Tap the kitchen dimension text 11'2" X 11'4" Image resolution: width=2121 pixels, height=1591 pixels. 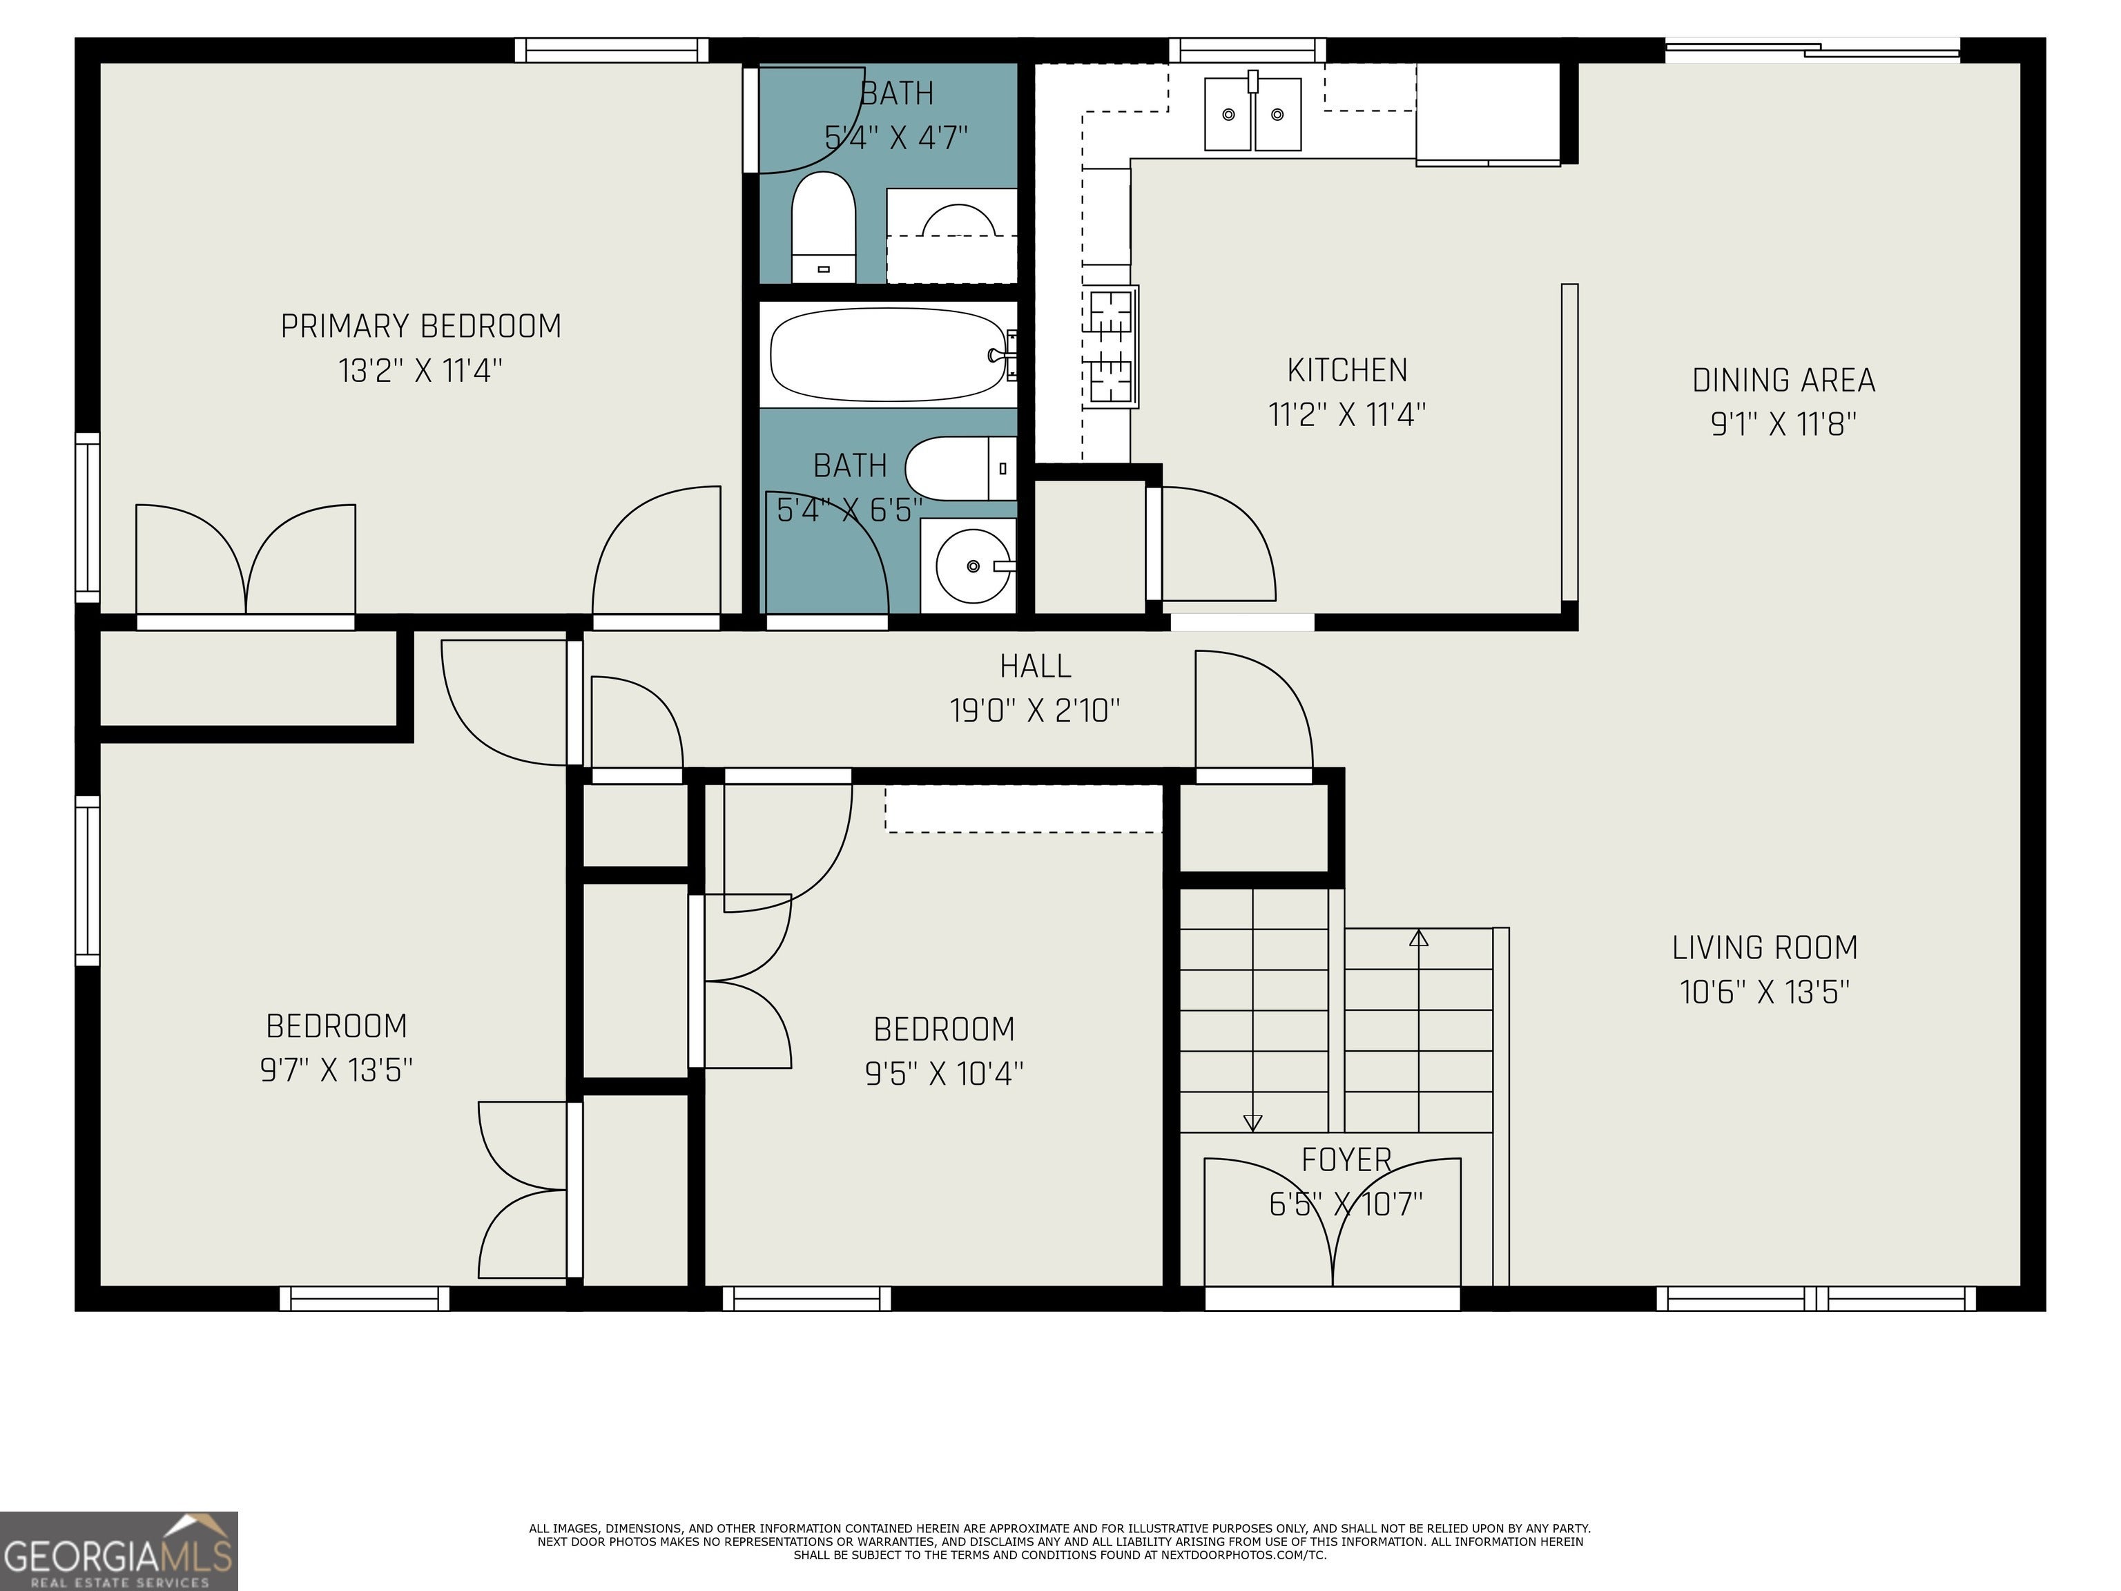[1347, 414]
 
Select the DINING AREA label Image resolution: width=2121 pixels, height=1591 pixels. [1783, 380]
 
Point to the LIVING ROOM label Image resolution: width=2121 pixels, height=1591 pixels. [1764, 947]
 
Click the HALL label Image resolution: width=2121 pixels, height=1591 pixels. [1035, 666]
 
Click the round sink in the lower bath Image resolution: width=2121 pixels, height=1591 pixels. [974, 566]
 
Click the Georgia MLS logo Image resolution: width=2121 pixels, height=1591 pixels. [119, 1551]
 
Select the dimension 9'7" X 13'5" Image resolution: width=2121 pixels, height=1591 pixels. [336, 1069]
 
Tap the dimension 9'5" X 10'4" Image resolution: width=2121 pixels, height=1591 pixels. [945, 1072]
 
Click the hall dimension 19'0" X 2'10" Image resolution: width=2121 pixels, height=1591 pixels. [1035, 711]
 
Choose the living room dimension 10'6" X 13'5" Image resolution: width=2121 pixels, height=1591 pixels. [1764, 992]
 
